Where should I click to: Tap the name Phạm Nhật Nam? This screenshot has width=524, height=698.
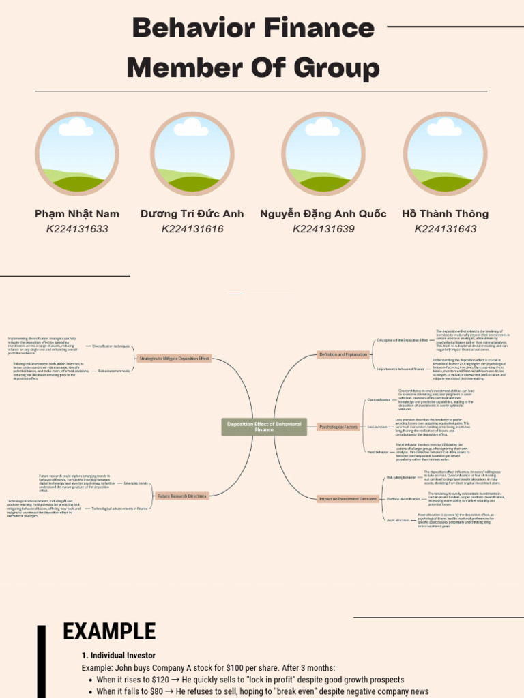tap(77, 214)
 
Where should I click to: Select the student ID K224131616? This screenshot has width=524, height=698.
tap(192, 229)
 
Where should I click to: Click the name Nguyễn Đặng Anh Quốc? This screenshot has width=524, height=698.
tap(323, 214)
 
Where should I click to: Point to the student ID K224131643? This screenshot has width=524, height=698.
tap(446, 229)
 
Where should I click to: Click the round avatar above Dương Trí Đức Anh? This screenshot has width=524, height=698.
tap(192, 154)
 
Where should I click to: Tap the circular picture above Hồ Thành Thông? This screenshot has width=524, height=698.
tap(445, 154)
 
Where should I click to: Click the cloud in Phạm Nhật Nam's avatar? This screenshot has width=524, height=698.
tap(76, 127)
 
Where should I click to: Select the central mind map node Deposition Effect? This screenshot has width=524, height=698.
tap(264, 427)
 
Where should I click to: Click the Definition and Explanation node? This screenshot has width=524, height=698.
tap(343, 354)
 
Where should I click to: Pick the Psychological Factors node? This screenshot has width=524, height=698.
tap(338, 427)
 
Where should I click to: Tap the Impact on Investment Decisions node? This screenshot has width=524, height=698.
tap(348, 499)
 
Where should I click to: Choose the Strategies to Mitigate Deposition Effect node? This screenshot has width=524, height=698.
tap(174, 359)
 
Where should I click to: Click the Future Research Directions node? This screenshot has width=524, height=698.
tap(181, 496)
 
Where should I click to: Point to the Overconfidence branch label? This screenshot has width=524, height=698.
tap(379, 400)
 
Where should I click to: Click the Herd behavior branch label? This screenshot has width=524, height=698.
tap(377, 452)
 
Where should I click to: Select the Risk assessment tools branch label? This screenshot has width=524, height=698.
tap(113, 371)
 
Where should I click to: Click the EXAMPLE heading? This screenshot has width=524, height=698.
tap(109, 632)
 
